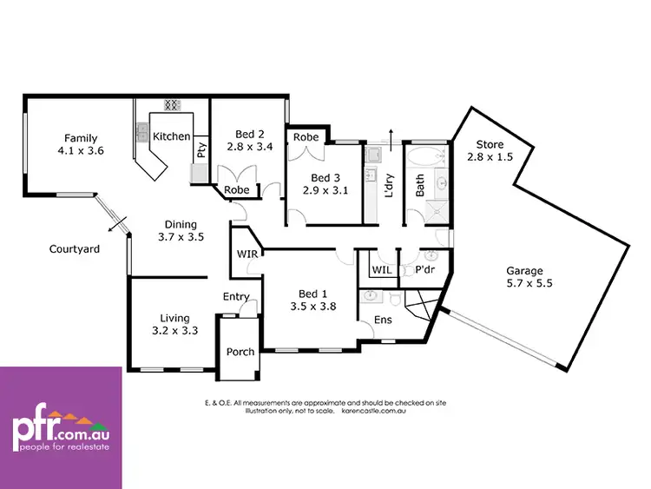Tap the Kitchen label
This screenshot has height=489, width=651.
click(171, 136)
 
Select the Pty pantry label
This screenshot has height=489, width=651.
click(201, 149)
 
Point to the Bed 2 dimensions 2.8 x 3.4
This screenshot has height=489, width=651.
click(250, 147)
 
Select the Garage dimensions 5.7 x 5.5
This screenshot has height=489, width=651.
click(529, 283)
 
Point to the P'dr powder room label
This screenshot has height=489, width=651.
click(424, 270)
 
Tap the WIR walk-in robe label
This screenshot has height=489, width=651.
click(246, 254)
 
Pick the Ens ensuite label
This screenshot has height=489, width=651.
click(383, 320)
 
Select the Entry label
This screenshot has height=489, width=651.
click(236, 297)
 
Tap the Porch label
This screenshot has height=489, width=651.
click(240, 352)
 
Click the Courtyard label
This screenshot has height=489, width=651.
click(74, 249)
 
